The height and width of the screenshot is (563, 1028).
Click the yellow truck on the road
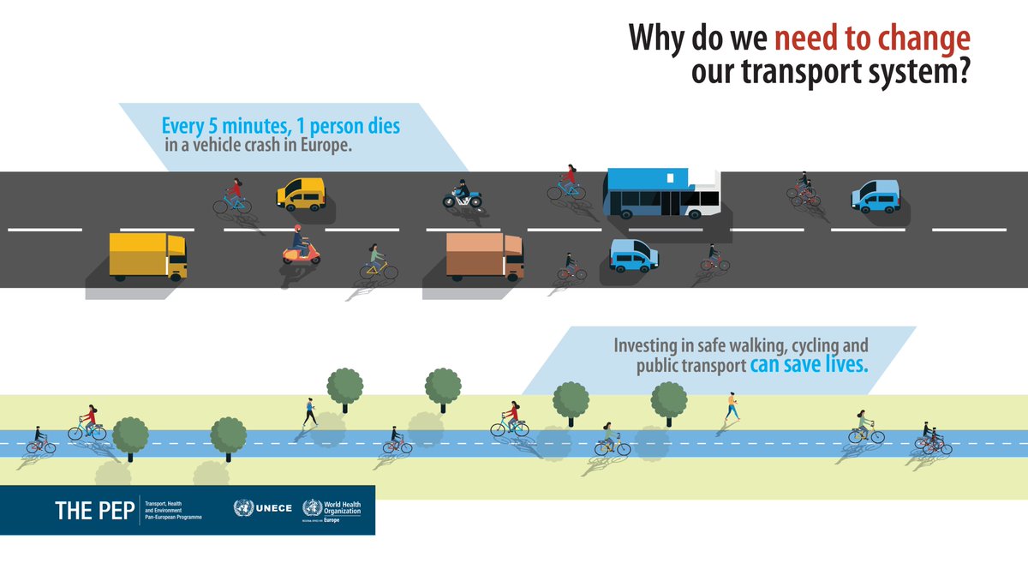point(147,255)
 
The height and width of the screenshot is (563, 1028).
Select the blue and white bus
point(662,193)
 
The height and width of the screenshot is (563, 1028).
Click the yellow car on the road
point(301,194)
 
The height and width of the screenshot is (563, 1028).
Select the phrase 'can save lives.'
point(810,366)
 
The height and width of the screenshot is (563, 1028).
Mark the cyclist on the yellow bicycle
point(378,263)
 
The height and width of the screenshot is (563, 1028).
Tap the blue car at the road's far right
point(876,196)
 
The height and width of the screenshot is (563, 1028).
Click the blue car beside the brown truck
point(633,255)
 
